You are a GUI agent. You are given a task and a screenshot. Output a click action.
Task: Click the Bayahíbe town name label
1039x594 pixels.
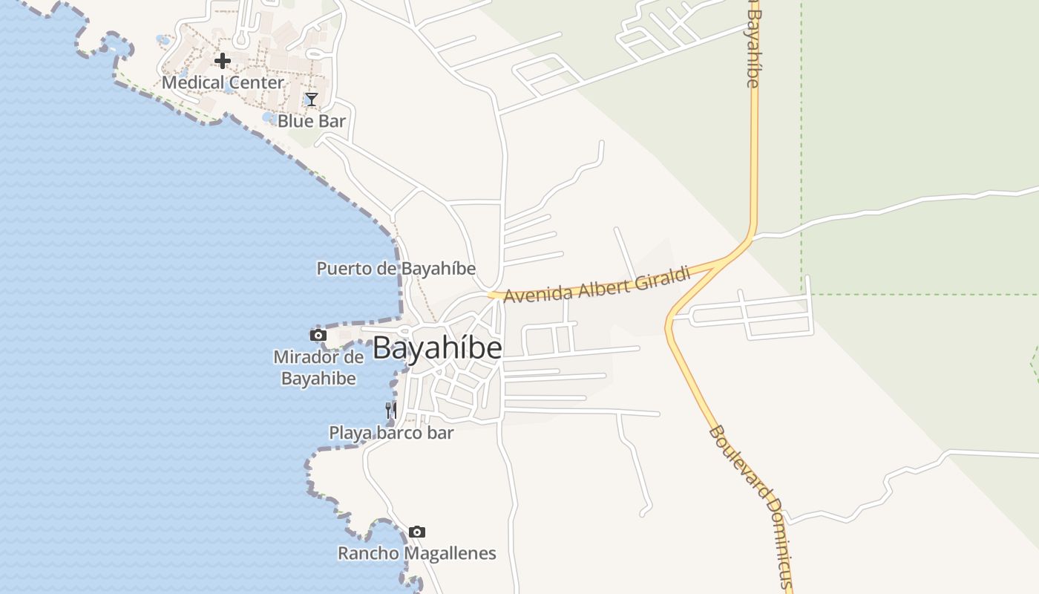[437, 347]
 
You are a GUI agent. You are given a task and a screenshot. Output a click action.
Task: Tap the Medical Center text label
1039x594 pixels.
[223, 82]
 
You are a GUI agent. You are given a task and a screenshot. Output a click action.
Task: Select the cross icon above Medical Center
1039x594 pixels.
[222, 61]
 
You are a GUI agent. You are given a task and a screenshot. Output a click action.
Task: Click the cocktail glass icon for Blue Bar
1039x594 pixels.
[312, 99]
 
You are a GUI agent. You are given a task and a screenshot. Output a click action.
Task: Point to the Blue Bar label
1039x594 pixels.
[312, 120]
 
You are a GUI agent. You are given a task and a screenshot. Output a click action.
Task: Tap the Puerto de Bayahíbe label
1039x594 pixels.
[396, 268]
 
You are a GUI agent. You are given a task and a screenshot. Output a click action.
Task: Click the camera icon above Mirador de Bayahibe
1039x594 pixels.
[318, 335]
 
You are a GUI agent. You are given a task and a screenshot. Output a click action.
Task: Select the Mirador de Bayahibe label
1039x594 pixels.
[318, 368]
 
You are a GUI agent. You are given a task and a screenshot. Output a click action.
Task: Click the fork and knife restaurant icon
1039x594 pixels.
[391, 410]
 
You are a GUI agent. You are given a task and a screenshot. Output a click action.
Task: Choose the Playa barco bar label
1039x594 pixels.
[391, 432]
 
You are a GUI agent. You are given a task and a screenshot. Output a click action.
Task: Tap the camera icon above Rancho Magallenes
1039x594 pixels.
[417, 532]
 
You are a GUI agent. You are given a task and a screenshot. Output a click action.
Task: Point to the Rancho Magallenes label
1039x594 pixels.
[417, 553]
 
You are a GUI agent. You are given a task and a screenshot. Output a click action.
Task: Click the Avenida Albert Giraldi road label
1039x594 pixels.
[597, 285]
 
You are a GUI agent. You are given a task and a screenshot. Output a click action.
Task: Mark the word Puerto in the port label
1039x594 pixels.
[344, 268]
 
